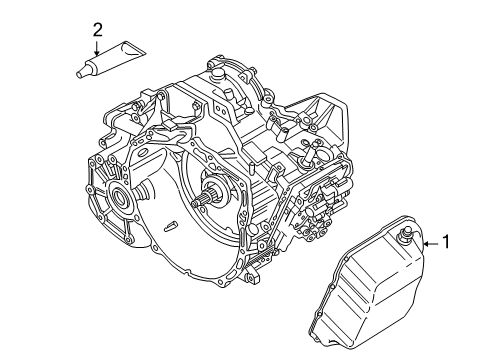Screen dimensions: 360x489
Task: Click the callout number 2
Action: pos(96,30)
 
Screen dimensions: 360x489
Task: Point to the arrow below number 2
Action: pos(96,49)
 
